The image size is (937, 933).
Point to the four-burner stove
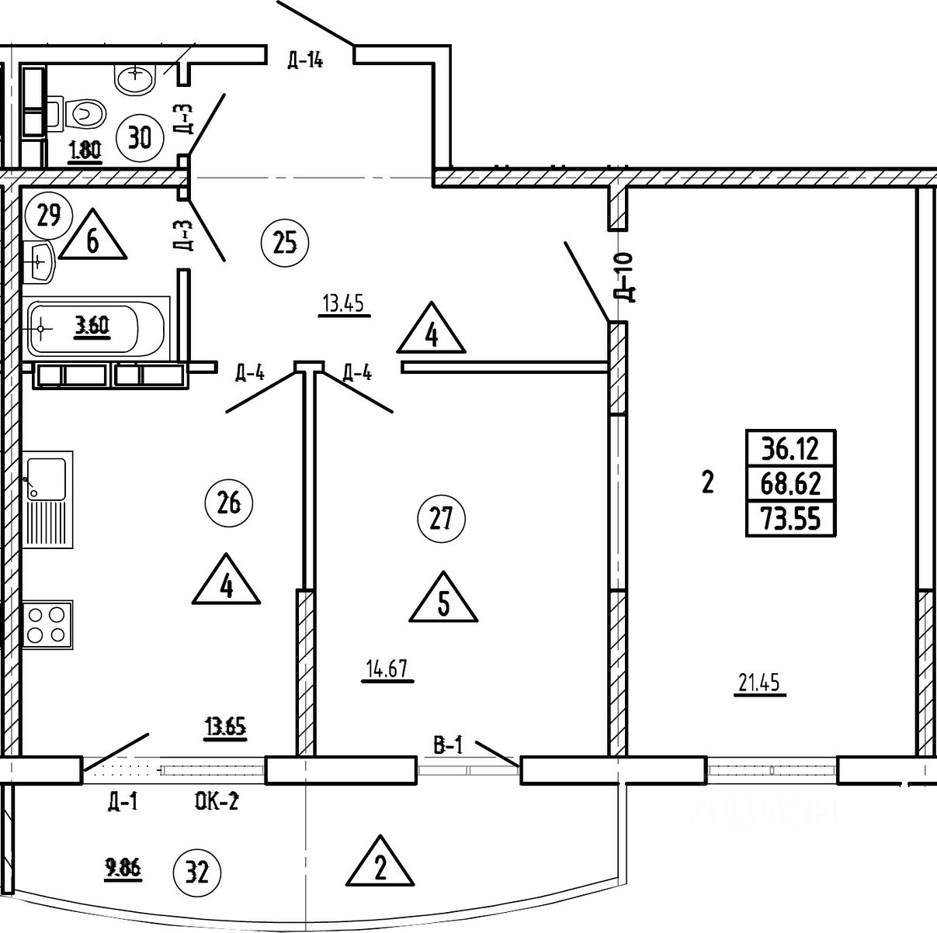tap(46, 625)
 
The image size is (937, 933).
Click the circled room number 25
tap(285, 243)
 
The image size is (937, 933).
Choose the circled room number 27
tap(441, 518)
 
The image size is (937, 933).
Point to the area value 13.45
tap(344, 303)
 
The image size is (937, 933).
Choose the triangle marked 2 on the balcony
tap(380, 864)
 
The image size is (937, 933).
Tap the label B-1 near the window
tap(448, 745)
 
